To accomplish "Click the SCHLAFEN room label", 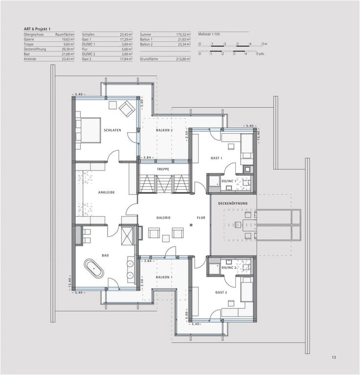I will [112, 130].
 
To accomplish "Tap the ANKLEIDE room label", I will [106, 192].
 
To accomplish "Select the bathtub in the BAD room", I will [94, 268].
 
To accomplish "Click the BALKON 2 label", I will [164, 130].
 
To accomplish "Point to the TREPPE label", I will [163, 169].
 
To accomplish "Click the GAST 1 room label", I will [216, 158].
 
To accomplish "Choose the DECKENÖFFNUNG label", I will [233, 203].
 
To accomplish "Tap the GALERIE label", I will [163, 218].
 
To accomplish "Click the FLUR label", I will [201, 218].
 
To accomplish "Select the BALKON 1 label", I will [164, 277].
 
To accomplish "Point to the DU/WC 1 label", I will [228, 181].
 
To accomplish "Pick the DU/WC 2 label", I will [228, 268].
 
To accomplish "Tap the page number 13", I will [334, 357].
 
